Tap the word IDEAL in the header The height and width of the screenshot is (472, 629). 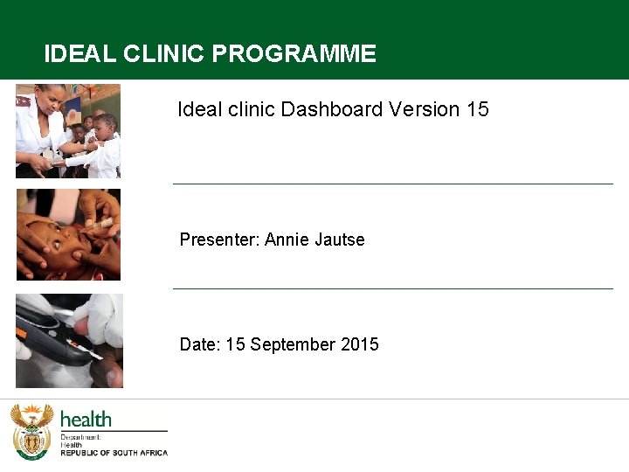79,54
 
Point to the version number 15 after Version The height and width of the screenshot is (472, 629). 478,109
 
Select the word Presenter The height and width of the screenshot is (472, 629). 218,239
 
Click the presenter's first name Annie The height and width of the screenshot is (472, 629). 287,239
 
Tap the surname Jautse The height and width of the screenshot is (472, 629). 340,239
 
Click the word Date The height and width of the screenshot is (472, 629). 199,344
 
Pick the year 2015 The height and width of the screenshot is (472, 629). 360,344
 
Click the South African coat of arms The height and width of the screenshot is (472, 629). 31,432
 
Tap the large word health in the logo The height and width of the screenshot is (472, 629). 86,420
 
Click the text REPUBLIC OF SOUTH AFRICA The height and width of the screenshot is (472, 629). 114,453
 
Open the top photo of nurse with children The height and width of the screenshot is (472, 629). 68,131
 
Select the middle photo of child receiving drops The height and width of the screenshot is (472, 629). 68,235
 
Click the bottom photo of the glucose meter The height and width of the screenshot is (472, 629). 69,341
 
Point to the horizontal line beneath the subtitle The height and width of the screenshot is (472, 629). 393,184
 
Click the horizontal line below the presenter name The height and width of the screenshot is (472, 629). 393,288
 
